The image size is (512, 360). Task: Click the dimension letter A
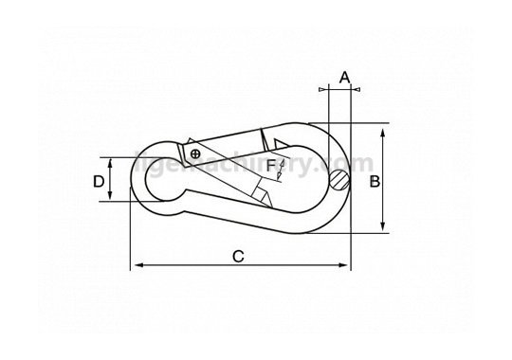pos(344,76)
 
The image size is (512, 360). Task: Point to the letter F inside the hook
pos(270,167)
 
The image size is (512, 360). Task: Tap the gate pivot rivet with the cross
pos(193,153)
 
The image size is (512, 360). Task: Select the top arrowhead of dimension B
pos(383,129)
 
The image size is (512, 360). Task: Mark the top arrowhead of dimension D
pos(111,161)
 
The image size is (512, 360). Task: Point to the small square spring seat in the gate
pos(257,193)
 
